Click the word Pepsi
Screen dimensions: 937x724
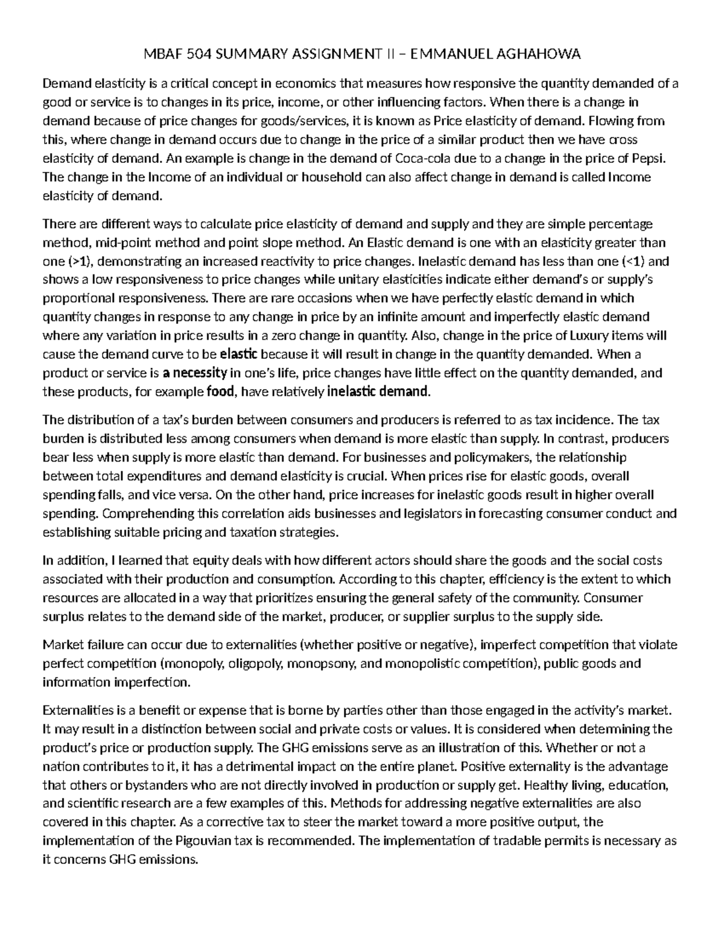(650, 159)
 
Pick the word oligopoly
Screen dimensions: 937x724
(257, 664)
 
